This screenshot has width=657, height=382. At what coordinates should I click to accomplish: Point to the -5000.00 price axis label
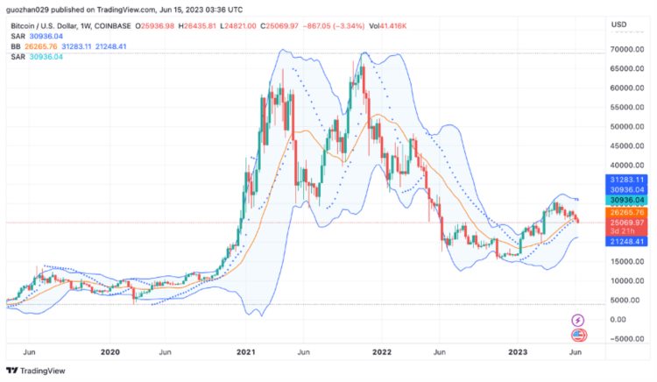click(x=625, y=339)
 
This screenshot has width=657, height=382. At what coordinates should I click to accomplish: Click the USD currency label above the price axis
click(x=618, y=24)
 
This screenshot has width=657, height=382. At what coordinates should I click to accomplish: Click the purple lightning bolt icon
click(x=578, y=321)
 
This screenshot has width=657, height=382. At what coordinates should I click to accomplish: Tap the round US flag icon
click(x=578, y=335)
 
